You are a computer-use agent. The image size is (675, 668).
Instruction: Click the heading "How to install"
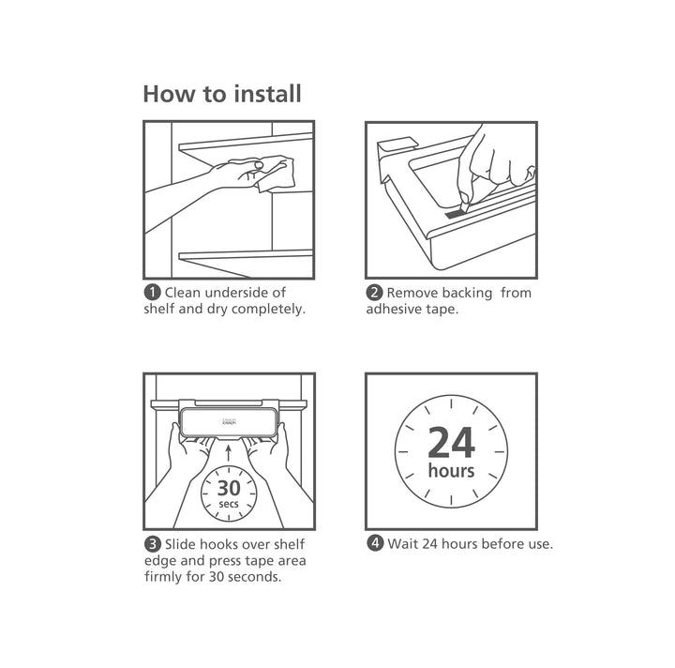221,94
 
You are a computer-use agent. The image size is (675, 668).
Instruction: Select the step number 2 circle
374,293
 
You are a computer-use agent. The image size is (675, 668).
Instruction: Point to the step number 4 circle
374,544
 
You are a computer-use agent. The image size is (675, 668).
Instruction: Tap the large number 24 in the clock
451,441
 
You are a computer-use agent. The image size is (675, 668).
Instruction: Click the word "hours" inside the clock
451,470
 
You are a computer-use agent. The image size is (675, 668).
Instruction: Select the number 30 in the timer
229,488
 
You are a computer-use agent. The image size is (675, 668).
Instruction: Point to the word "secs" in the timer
229,505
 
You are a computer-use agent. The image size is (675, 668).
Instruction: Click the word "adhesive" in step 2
395,310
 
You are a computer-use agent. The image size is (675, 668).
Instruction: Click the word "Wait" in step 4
404,544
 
